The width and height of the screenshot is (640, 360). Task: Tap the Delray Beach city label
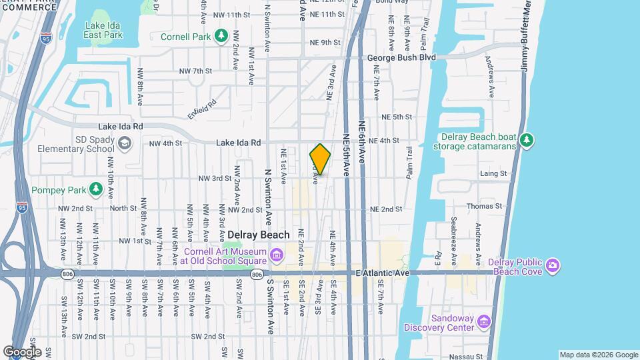click(259, 235)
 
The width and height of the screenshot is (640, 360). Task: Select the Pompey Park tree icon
click(97, 190)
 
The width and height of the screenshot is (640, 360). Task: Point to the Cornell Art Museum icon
click(275, 254)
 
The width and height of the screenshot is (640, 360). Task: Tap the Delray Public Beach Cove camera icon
click(552, 267)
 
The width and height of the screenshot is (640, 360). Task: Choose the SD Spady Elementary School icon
click(125, 143)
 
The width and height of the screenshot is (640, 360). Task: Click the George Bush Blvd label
click(401, 58)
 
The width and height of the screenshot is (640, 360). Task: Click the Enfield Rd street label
click(202, 106)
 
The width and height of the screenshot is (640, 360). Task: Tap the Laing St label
click(493, 173)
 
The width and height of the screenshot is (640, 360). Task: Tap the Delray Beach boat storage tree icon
click(527, 139)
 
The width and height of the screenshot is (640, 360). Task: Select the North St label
click(123, 208)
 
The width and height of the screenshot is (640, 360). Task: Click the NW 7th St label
click(195, 71)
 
